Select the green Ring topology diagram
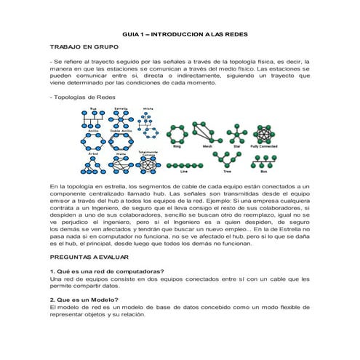(x=177, y=133)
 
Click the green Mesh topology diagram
(x=207, y=133)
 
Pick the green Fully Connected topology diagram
(x=265, y=132)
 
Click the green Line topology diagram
(x=183, y=164)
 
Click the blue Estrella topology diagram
(x=121, y=118)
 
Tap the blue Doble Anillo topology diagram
(x=121, y=140)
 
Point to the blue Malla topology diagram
(x=121, y=165)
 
